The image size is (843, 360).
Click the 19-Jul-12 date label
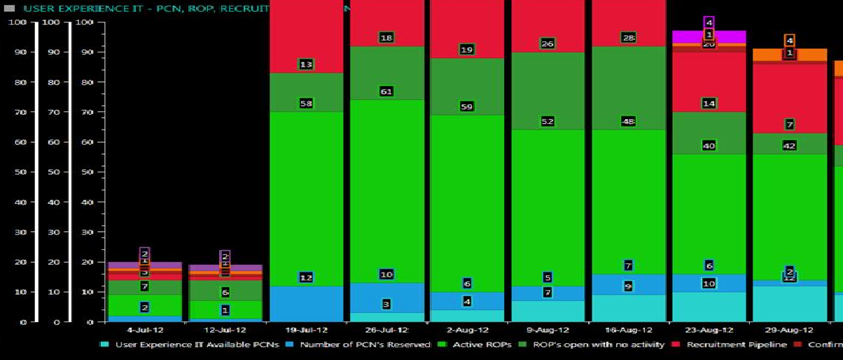[306, 330]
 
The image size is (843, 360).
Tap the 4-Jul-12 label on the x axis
[144, 330]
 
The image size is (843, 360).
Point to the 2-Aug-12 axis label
[467, 330]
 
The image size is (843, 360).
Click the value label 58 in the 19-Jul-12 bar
[305, 104]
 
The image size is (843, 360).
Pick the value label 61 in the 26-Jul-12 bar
[386, 92]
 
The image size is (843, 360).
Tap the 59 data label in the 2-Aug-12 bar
[467, 106]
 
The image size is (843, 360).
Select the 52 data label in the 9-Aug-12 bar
[548, 121]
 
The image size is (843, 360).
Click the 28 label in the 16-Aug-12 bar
[629, 38]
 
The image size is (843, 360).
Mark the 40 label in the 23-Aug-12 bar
[709, 146]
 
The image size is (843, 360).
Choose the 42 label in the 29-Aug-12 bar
[789, 146]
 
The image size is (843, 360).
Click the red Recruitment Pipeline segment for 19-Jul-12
[306, 35]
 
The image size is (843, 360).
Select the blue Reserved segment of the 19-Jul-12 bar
[306, 303]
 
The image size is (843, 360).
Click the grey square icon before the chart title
[9, 8]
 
